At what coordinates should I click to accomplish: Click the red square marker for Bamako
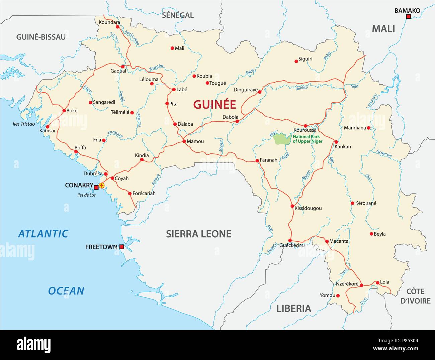408,17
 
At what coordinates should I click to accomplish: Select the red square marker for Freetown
122,247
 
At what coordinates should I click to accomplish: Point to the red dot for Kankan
336,142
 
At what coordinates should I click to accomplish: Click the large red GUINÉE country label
214,105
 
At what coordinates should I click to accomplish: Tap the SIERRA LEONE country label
198,234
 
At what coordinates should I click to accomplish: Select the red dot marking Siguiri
296,61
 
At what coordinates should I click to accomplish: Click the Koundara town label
109,22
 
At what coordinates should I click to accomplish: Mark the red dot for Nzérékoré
361,285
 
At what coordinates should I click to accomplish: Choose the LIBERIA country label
293,308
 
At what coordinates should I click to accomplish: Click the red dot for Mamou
184,141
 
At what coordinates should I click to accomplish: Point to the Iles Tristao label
23,124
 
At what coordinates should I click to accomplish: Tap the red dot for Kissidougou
292,206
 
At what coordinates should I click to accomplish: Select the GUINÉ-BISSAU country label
41,37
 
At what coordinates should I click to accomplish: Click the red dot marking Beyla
371,234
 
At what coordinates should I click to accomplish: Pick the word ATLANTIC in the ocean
43,234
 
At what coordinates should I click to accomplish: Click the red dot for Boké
64,111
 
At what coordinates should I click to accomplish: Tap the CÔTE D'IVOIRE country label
415,296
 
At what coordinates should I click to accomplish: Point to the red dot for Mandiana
368,128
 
